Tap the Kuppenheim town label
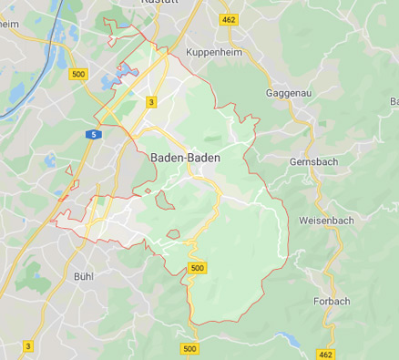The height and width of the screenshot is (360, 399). pyautogui.click(x=214, y=53)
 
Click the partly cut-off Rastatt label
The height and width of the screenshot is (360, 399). pyautogui.click(x=159, y=4)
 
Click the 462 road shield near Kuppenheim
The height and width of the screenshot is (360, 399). pyautogui.click(x=228, y=18)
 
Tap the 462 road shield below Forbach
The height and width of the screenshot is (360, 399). pyautogui.click(x=327, y=353)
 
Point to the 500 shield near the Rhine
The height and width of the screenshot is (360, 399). pyautogui.click(x=78, y=73)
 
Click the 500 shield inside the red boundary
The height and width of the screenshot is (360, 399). pyautogui.click(x=197, y=267)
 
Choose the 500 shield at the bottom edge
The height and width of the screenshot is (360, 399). pyautogui.click(x=189, y=348)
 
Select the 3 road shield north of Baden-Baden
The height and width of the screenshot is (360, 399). pyautogui.click(x=151, y=102)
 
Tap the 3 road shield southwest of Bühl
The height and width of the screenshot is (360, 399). pyautogui.click(x=28, y=345)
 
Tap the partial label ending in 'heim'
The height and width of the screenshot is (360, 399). pyautogui.click(x=10, y=25)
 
